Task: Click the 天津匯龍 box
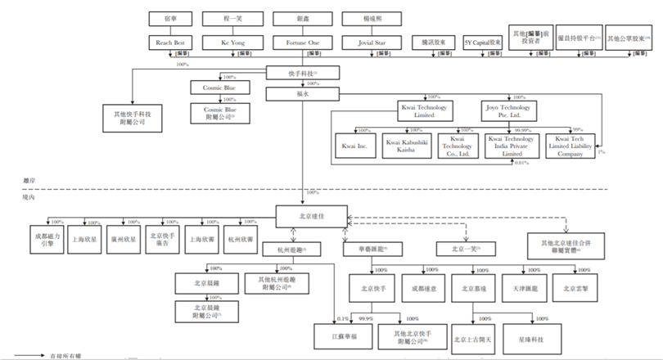[524, 288]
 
